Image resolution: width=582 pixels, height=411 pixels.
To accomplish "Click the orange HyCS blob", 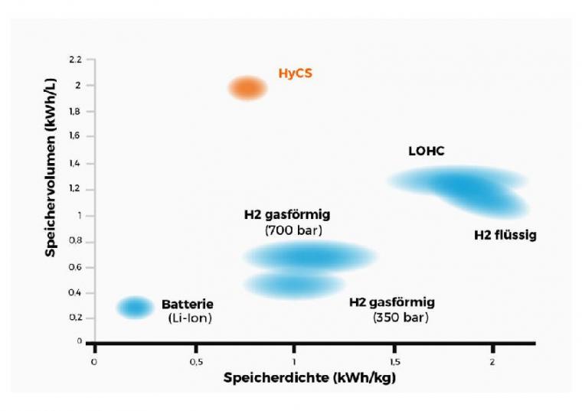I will click(x=247, y=89).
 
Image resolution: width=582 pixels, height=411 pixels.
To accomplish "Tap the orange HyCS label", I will click(x=295, y=74).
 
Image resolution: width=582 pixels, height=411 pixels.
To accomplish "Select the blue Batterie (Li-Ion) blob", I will click(x=135, y=307).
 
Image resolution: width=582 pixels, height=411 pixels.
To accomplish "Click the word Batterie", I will click(x=188, y=304).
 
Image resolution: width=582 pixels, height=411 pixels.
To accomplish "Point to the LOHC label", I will click(x=426, y=152).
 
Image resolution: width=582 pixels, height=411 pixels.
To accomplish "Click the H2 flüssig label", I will click(x=505, y=235).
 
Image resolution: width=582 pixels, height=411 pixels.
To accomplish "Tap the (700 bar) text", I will click(x=293, y=230).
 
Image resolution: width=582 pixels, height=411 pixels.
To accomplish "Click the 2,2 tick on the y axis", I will click(x=74, y=59).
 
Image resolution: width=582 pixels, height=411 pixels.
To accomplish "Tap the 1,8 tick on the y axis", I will click(x=74, y=111).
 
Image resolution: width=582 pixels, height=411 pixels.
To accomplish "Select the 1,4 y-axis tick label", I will click(x=74, y=163).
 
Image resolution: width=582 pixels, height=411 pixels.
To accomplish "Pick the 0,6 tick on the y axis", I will click(x=74, y=267).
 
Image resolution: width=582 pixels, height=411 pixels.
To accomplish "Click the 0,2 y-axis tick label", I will click(x=74, y=318).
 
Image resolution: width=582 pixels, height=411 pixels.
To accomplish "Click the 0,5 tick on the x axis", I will click(x=195, y=361).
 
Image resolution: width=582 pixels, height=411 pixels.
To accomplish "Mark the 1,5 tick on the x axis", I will click(x=394, y=361).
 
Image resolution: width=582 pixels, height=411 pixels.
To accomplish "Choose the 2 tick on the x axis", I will click(x=492, y=361).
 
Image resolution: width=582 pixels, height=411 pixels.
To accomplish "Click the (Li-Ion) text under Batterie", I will click(x=188, y=318).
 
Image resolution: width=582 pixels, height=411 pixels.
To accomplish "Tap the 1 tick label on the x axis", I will click(x=294, y=361).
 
